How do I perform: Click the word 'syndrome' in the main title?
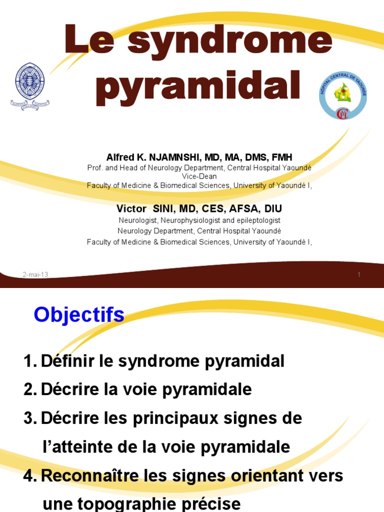coord(230,42)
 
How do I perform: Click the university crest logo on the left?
coord(30,85)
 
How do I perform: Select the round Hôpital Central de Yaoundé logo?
coord(343,95)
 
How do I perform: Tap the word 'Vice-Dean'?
coord(199,176)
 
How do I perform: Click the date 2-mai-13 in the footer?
coord(35,274)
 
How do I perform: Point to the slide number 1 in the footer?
coord(359,274)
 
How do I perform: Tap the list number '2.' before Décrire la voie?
coord(30,389)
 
